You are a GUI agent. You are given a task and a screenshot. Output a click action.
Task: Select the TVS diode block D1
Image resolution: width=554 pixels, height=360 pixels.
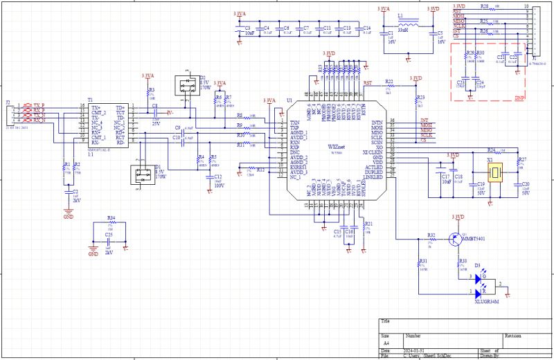pyautogui.click(x=142, y=172)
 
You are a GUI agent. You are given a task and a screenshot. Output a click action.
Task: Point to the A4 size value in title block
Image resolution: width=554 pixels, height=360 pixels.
pyautogui.click(x=386, y=343)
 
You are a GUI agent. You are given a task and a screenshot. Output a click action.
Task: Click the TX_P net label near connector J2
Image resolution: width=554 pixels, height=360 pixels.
pyautogui.click(x=38, y=106)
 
